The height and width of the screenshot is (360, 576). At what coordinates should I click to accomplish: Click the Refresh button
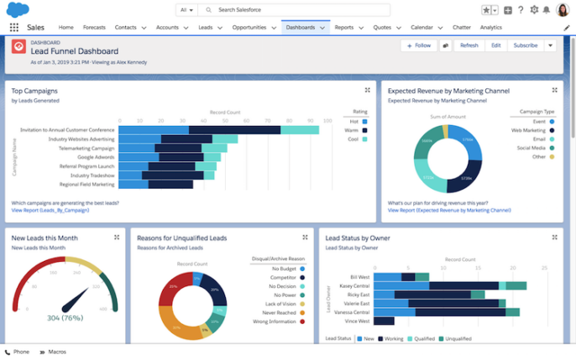coord(469,45)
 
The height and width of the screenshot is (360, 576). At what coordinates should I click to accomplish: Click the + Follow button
coord(418,45)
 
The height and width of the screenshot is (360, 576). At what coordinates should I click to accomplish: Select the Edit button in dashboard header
coord(495,45)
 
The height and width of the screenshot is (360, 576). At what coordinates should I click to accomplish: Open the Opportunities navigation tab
coord(249,27)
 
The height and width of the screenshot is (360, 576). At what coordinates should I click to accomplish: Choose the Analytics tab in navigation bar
coord(490,27)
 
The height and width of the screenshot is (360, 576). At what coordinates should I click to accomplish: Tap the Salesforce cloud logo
coord(17,9)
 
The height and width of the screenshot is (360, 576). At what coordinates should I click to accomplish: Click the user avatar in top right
coord(563,10)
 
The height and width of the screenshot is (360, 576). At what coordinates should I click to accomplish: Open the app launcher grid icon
coord(14,28)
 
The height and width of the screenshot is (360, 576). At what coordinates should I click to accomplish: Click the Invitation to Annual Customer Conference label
coord(68,130)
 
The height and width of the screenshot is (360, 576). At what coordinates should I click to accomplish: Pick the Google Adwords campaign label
coord(96,157)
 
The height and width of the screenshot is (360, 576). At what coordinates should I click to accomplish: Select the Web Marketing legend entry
coord(527,130)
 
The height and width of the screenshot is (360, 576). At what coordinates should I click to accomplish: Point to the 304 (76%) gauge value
coord(65,317)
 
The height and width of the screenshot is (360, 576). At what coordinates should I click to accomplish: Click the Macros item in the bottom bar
coord(57,352)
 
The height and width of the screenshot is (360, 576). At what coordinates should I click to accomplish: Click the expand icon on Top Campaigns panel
coord(367,90)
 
